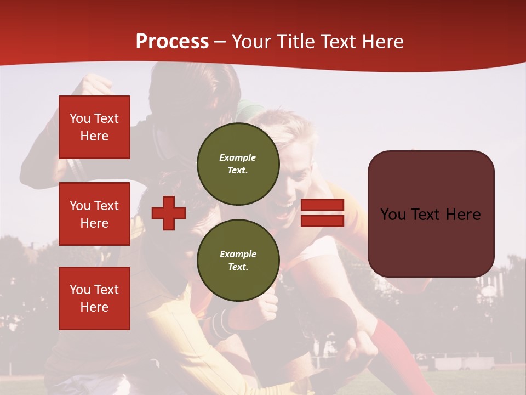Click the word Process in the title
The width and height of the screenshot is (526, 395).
(x=172, y=42)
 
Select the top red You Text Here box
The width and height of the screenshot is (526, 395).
(x=94, y=127)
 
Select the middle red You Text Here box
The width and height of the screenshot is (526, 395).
(x=94, y=214)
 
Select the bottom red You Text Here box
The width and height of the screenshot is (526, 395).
(x=94, y=298)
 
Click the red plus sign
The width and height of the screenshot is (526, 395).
(x=168, y=213)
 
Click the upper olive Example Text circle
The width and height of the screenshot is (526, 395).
(x=238, y=163)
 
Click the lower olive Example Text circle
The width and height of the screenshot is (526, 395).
(x=238, y=260)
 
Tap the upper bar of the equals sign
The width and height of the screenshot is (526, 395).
(x=322, y=205)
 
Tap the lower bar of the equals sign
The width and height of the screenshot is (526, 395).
(x=322, y=221)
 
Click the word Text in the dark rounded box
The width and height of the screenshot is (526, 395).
(x=429, y=215)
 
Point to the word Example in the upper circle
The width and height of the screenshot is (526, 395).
(x=238, y=157)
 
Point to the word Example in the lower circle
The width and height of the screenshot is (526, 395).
(x=238, y=254)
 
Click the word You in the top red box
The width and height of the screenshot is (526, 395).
(x=79, y=119)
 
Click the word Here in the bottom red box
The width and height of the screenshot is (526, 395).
(x=94, y=307)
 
